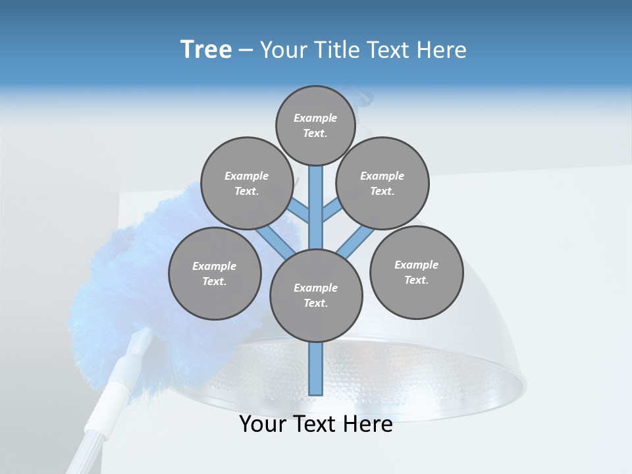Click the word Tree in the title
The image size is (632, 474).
[x=206, y=50]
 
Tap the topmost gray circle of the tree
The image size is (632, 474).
[x=315, y=125]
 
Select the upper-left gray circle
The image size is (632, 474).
[x=247, y=183]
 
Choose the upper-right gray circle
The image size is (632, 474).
[x=382, y=183]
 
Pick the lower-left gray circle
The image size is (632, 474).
[x=215, y=273]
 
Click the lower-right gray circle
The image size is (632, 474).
[x=416, y=272]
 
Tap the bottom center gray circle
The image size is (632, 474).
[x=316, y=296]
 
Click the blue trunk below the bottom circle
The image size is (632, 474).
[x=316, y=369]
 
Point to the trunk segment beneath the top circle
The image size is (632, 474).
[x=316, y=197]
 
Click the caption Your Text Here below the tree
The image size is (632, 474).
[x=316, y=425]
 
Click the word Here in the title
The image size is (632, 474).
[x=443, y=50]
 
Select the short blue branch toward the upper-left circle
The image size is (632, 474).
[x=300, y=211]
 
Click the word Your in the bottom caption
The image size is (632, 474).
[x=263, y=425]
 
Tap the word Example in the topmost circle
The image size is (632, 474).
[x=315, y=118]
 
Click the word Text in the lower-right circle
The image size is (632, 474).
[x=415, y=280]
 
